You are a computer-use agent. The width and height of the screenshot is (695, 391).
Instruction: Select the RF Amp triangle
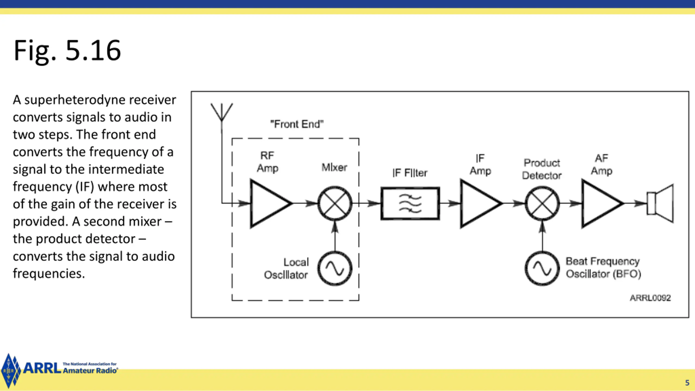[x=270, y=203]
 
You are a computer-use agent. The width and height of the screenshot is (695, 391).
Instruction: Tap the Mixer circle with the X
[x=335, y=203]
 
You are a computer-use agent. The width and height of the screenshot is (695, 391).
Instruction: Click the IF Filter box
[x=410, y=203]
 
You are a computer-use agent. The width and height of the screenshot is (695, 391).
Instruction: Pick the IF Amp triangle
[x=481, y=203]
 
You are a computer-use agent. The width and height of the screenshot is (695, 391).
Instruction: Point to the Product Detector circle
[x=542, y=203]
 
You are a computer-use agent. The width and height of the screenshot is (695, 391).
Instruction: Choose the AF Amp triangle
[x=602, y=203]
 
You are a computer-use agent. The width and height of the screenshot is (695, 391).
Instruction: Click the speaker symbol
[x=660, y=203]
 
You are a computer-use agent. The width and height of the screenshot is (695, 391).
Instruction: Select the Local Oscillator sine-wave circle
[x=335, y=269]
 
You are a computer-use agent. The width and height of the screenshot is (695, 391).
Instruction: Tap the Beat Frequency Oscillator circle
[x=542, y=269]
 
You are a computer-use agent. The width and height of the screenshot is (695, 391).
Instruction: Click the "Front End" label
[x=297, y=124]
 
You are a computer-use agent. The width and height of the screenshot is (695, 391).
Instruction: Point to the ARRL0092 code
[x=650, y=298]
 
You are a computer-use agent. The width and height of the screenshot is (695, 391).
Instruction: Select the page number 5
[x=687, y=383]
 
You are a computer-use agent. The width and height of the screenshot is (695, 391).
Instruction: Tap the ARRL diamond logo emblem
[x=10, y=370]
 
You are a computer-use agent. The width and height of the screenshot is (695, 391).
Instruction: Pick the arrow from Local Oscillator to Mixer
[x=335, y=236]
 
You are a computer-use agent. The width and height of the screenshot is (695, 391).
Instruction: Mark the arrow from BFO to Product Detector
[x=542, y=236]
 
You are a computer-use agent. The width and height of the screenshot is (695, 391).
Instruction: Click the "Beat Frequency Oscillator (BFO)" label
[x=603, y=267]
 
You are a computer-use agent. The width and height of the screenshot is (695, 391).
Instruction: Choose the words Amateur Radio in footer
[x=90, y=371]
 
